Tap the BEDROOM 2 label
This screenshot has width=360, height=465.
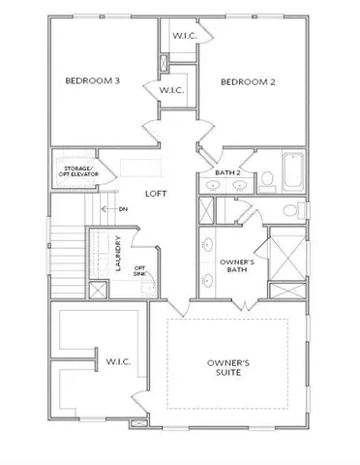pos(248,81)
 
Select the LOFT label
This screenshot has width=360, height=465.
pos(156,194)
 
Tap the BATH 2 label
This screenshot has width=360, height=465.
pos(214,173)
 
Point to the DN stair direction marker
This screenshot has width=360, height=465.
pos(122,208)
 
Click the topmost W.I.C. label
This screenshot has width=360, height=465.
pos(185,35)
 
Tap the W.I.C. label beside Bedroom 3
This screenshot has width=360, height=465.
pos(171,90)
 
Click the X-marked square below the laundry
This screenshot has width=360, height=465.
pos(96,289)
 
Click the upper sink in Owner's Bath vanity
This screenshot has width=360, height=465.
pos(207,245)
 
